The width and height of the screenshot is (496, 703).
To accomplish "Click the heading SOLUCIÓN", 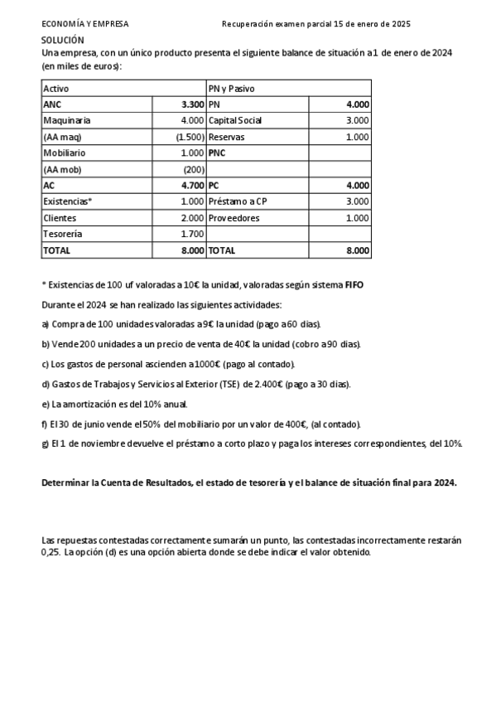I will pos(62,40).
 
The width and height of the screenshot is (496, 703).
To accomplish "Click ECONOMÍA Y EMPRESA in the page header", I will pos(84,24).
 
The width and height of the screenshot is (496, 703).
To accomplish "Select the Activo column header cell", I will pos(56,88).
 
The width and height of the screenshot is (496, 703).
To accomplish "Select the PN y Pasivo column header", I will pos(231,88).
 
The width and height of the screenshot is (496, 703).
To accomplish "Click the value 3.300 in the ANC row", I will pos(192,104).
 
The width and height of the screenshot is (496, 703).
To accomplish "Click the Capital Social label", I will pos(235,120).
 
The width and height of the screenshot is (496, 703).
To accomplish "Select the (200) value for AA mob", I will pos(193,169).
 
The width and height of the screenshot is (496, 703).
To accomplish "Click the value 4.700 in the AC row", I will pos(192,186).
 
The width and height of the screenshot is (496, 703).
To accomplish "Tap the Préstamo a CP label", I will pos(238,201).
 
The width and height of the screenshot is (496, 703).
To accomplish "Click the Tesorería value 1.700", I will pos(192,234).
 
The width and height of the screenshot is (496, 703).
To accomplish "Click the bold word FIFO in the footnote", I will pos(354,284).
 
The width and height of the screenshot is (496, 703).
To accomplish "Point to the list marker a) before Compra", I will pos(46,324).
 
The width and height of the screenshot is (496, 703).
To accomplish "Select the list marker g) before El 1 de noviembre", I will pos(46,444).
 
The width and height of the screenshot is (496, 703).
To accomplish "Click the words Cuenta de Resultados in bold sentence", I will pos(136,482).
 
